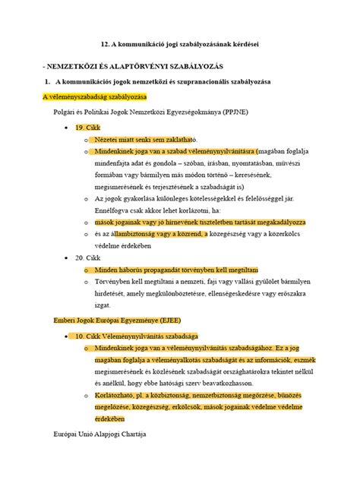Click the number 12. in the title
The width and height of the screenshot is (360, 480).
click(x=106, y=45)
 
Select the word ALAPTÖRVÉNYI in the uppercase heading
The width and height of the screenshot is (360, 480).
click(x=119, y=64)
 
